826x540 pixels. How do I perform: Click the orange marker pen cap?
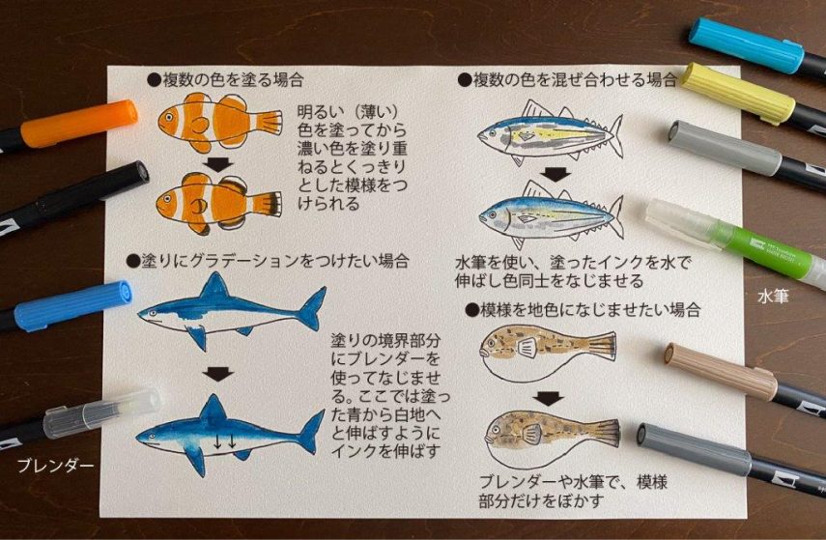(x=79, y=124)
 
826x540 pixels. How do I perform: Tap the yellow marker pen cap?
(x=738, y=93)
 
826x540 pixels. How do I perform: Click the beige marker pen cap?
(x=721, y=370)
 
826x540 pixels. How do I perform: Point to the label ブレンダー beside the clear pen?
(x=55, y=466)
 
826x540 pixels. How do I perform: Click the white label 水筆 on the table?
(x=773, y=297)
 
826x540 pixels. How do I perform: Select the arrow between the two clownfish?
(x=218, y=164)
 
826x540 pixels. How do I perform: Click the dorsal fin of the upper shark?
(x=214, y=285)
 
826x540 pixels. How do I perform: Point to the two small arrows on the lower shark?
(x=225, y=441)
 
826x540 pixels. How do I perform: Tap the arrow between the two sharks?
(x=218, y=374)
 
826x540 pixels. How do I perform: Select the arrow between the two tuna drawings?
(x=555, y=175)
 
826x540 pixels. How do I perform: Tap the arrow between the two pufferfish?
(x=549, y=399)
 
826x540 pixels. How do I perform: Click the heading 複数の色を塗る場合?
(x=226, y=80)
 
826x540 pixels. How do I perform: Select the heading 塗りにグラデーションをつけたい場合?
(x=268, y=261)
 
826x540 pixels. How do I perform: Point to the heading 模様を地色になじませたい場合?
(x=584, y=310)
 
